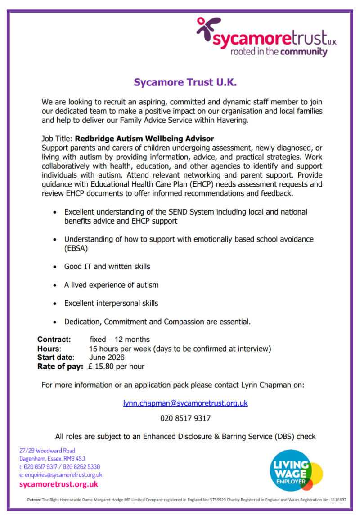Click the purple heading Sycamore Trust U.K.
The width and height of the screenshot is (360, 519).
(x=185, y=83)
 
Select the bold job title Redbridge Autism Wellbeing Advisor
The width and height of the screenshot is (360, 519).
(x=144, y=139)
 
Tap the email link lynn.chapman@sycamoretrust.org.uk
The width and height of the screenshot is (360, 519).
(x=185, y=403)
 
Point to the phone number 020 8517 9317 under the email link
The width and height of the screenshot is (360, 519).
(x=185, y=418)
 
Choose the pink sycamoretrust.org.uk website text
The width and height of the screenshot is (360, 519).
(x=58, y=484)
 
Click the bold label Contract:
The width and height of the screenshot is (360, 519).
(x=54, y=340)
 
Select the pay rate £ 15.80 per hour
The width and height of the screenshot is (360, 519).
(x=117, y=367)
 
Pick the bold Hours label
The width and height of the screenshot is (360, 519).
(x=48, y=349)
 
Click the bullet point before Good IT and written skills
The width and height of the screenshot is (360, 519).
(x=55, y=267)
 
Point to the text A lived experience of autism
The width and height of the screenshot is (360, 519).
(x=111, y=285)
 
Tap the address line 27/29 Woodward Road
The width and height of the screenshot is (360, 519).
(x=47, y=451)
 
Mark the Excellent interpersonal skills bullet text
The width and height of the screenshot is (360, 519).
(x=111, y=303)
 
